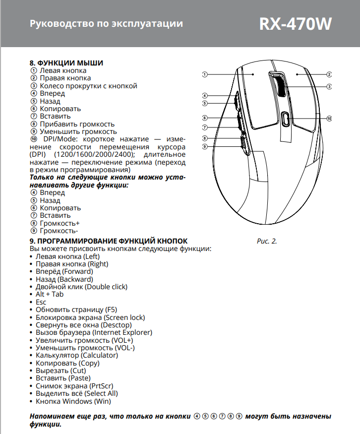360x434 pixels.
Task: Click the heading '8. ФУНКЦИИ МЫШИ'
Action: pos(66,63)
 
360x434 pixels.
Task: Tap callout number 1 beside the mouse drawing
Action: pos(204,74)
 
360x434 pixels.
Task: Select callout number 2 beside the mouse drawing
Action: pos(329,74)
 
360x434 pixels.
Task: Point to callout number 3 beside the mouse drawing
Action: pos(329,87)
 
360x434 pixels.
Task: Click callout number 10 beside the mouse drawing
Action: pos(329,119)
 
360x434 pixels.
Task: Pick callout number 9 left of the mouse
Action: pos(204,147)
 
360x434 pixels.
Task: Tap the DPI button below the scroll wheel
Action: pos(286,119)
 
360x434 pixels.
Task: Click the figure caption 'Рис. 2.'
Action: pos(267,241)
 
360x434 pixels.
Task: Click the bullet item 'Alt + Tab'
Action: pos(50,295)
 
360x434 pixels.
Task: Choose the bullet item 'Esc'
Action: pos(41,302)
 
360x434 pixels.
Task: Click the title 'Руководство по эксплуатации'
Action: pos(106,24)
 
